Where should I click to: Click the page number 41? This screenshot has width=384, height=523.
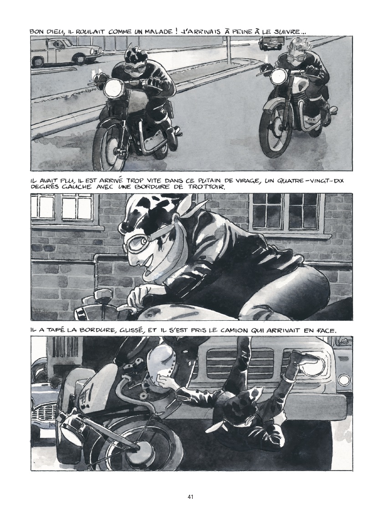[190, 497]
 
